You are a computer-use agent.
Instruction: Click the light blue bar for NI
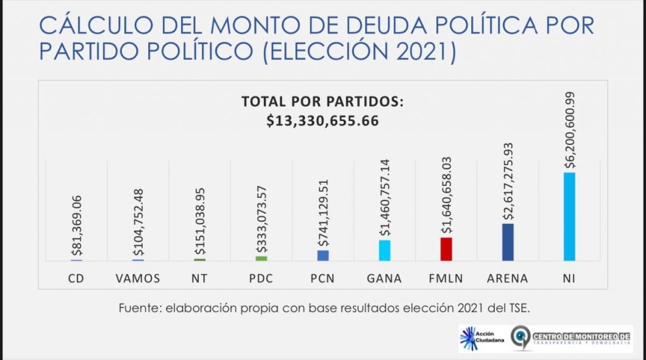569,216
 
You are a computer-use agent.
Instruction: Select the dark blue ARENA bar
508,242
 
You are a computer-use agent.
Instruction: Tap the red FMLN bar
446,249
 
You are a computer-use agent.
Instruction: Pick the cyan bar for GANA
384,250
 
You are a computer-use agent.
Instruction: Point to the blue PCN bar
322,255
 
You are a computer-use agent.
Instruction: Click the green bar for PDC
261,258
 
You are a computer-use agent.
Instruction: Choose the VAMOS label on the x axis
138,278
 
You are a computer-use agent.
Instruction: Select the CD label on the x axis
76,278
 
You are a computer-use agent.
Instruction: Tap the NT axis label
199,278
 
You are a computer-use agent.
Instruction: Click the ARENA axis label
508,278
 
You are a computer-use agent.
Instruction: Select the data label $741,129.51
323,216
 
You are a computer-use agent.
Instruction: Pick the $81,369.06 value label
76,226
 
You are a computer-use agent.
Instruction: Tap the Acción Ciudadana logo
481,338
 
